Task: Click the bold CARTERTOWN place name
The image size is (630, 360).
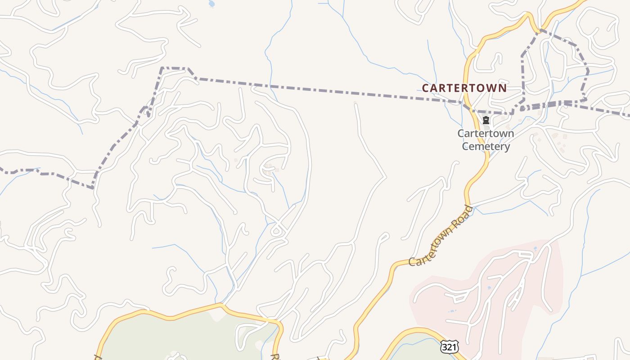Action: click(464, 88)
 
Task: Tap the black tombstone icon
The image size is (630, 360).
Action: click(486, 120)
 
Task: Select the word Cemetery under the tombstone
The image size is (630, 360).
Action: click(486, 146)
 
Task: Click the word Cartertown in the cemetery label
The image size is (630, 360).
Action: click(486, 134)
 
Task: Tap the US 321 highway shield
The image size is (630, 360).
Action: click(450, 346)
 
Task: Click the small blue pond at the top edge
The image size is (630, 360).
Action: click(211, 4)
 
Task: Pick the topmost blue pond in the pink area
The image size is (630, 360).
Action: click(535, 248)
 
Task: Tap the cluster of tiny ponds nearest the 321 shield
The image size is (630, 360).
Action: click(452, 310)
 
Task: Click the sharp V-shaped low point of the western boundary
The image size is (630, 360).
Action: click(93, 187)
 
